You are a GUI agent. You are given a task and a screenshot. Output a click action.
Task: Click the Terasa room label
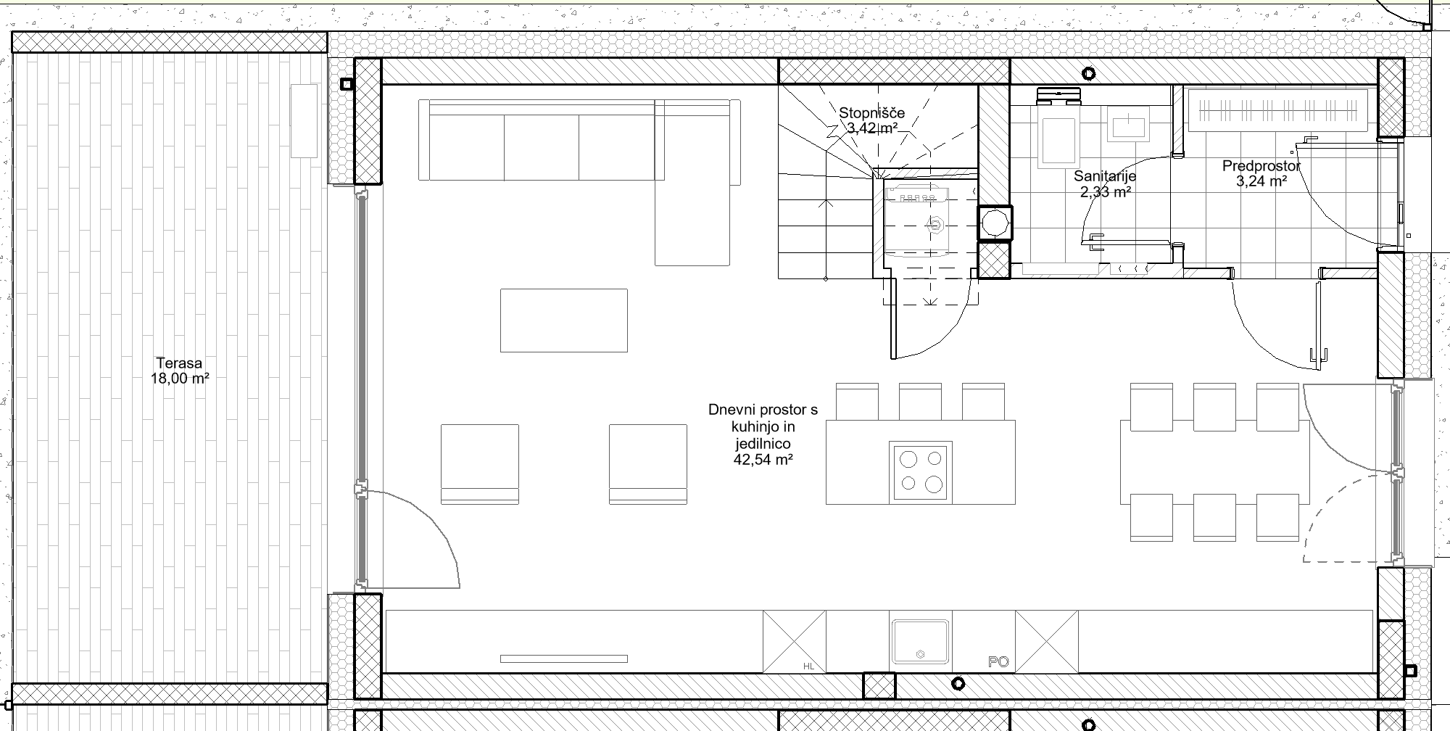[179, 363]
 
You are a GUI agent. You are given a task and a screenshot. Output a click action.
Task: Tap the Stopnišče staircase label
[872, 113]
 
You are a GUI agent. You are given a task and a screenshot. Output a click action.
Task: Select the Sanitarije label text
[1105, 176]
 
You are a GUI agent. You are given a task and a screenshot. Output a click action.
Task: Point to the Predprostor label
[1261, 166]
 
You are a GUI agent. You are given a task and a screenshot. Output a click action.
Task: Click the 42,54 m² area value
[763, 459]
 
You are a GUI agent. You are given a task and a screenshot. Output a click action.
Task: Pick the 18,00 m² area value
[179, 379]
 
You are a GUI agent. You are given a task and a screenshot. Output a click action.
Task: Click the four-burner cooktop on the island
[921, 471]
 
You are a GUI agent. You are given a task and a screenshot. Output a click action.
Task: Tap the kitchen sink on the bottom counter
[920, 642]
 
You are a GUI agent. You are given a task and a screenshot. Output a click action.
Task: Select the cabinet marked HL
[795, 642]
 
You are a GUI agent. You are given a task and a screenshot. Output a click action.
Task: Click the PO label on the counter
[998, 662]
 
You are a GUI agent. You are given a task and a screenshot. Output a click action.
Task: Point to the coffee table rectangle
[564, 321]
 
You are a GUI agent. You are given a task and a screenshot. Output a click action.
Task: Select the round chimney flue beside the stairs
[995, 223]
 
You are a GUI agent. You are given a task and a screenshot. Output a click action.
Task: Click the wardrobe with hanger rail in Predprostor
[1277, 111]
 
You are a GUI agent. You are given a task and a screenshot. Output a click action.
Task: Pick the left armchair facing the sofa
[480, 464]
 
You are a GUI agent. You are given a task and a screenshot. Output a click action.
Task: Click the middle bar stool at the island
[920, 401]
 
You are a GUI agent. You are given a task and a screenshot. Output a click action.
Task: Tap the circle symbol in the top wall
[1088, 73]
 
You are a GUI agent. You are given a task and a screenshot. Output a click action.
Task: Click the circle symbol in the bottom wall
[958, 684]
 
